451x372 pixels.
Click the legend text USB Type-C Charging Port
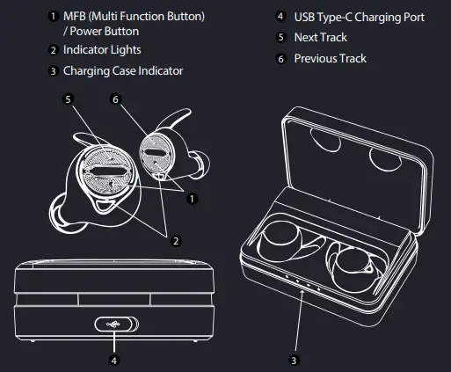pyautogui.click(x=360, y=17)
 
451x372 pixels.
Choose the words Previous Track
pyautogui.click(x=330, y=58)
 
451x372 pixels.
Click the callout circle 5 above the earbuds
pyautogui.click(x=67, y=100)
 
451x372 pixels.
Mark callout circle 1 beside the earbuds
pyautogui.click(x=191, y=197)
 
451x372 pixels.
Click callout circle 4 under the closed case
pyautogui.click(x=112, y=359)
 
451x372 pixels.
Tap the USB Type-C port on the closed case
pyautogui.click(x=112, y=322)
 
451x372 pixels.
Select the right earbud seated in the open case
pyautogui.click(x=353, y=263)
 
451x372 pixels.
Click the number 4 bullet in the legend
pyautogui.click(x=280, y=17)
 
